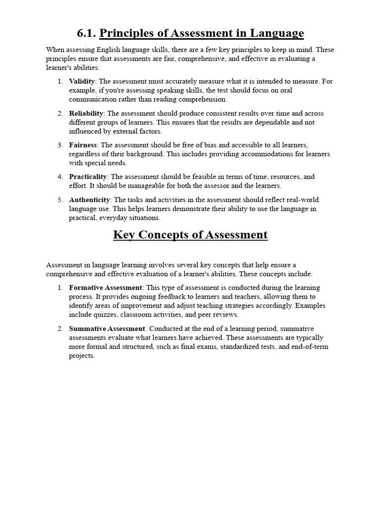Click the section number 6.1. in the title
(87, 34)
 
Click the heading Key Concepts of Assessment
(190, 235)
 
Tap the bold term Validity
(82, 81)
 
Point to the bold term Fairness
(83, 145)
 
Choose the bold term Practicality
(88, 177)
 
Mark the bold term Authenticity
(89, 200)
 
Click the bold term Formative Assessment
(105, 288)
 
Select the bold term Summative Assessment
(107, 329)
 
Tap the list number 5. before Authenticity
(60, 200)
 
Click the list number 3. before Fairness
(60, 145)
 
